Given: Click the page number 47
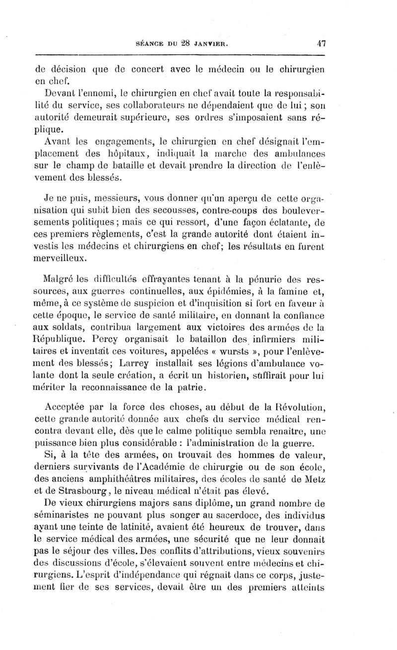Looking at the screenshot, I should point(320,43).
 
